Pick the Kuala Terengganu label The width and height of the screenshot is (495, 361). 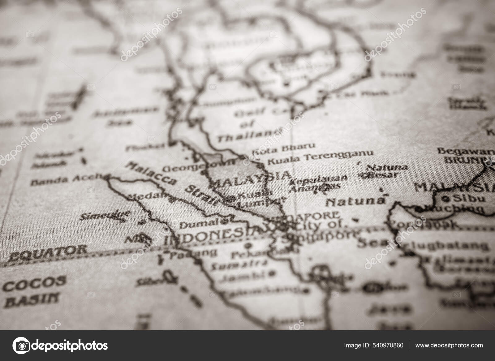point(320,157)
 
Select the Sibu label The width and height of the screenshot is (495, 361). point(467,198)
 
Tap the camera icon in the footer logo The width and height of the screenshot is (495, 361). point(22,345)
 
